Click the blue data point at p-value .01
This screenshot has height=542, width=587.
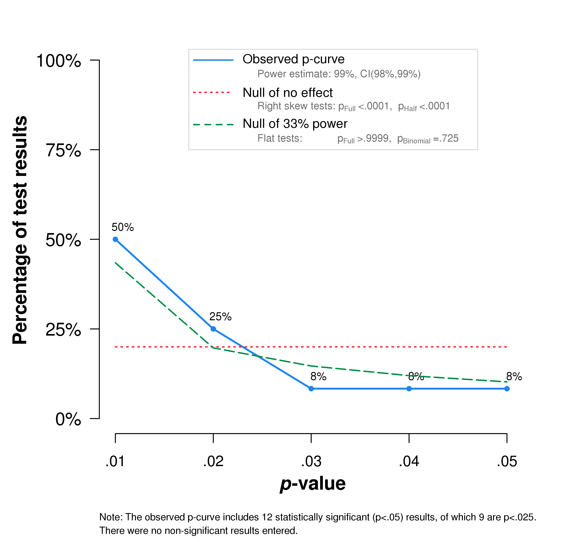pos(116,239)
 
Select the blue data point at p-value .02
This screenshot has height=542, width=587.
pos(213,329)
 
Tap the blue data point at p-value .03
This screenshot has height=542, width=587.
pos(311,389)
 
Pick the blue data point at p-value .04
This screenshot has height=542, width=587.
pos(409,389)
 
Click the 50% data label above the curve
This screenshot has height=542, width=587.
pos(123,227)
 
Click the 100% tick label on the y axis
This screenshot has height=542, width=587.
pos(59,61)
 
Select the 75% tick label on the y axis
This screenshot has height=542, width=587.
pos(63,151)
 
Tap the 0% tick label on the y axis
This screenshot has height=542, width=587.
pos(68,419)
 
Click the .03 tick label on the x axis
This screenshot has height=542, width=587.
pos(311,462)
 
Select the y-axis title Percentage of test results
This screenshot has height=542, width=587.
pos(20,230)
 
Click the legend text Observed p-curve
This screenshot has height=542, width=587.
pos(293,59)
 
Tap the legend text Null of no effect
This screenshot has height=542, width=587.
pos(288,93)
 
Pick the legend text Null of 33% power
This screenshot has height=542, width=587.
pos(295,124)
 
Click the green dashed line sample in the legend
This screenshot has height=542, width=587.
pos(213,125)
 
